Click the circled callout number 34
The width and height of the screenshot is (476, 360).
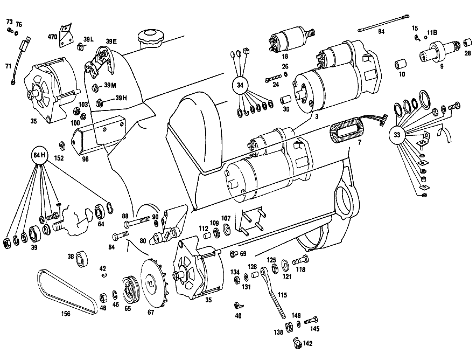pos(240,85)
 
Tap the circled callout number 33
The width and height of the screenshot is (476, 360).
pos(397,135)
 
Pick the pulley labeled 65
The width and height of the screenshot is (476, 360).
pos(130,290)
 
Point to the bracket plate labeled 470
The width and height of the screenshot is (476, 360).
pos(66,35)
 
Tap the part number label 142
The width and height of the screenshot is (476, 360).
pos(307,343)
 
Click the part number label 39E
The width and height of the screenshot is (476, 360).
pos(111,41)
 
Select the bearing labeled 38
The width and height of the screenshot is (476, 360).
pos(81,259)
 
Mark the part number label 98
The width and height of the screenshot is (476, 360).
pos(85,159)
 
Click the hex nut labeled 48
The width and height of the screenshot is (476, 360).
pos(103,297)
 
